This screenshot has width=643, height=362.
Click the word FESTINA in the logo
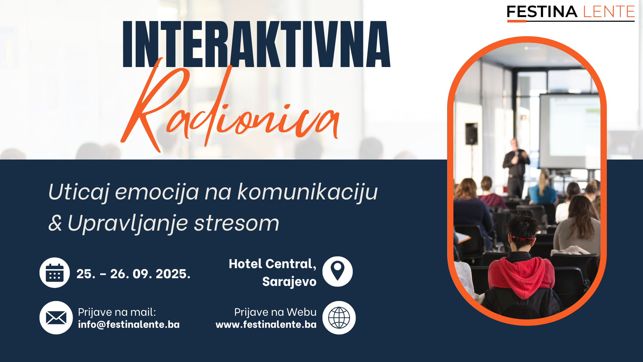(x=542, y=12)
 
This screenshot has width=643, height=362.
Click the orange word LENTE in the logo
(x=609, y=12)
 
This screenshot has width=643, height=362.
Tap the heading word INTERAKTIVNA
(x=257, y=44)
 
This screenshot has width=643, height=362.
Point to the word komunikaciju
(x=307, y=192)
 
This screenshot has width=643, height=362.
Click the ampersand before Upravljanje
(x=55, y=223)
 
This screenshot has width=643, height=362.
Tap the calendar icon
(x=55, y=273)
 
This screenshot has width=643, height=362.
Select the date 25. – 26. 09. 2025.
(x=133, y=274)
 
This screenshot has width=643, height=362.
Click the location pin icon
(x=338, y=271)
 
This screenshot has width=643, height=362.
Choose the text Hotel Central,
(x=272, y=264)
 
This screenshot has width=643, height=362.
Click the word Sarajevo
(x=289, y=282)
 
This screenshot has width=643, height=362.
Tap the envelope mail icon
(x=56, y=318)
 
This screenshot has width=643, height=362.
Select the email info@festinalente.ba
(x=129, y=324)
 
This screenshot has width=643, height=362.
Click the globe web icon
(x=339, y=318)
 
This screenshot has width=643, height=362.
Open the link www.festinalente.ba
(x=266, y=324)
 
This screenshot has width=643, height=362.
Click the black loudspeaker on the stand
(x=472, y=133)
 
